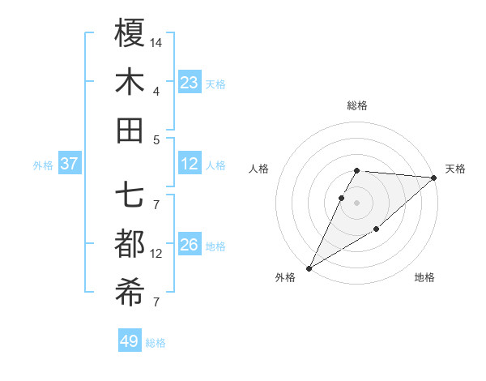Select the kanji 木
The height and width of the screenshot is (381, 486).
point(130,83)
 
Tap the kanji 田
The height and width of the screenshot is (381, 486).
point(130,131)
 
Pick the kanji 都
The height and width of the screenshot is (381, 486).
point(130,245)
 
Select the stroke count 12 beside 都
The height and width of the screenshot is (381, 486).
point(156,254)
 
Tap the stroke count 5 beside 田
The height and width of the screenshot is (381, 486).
point(156,139)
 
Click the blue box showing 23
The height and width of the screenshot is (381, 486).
point(190,82)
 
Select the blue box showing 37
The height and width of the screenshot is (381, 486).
point(69,164)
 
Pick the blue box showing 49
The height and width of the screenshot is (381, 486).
point(129,341)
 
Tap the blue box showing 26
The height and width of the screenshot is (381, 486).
point(190,245)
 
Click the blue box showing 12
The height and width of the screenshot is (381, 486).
point(190,164)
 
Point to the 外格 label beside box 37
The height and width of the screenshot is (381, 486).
point(43,165)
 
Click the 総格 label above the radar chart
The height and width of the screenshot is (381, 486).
point(356,105)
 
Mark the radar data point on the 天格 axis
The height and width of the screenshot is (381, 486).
point(433,178)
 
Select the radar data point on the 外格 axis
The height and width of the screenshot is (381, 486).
point(309,268)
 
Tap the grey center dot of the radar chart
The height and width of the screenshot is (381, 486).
point(356,203)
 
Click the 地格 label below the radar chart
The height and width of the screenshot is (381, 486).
point(424,277)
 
